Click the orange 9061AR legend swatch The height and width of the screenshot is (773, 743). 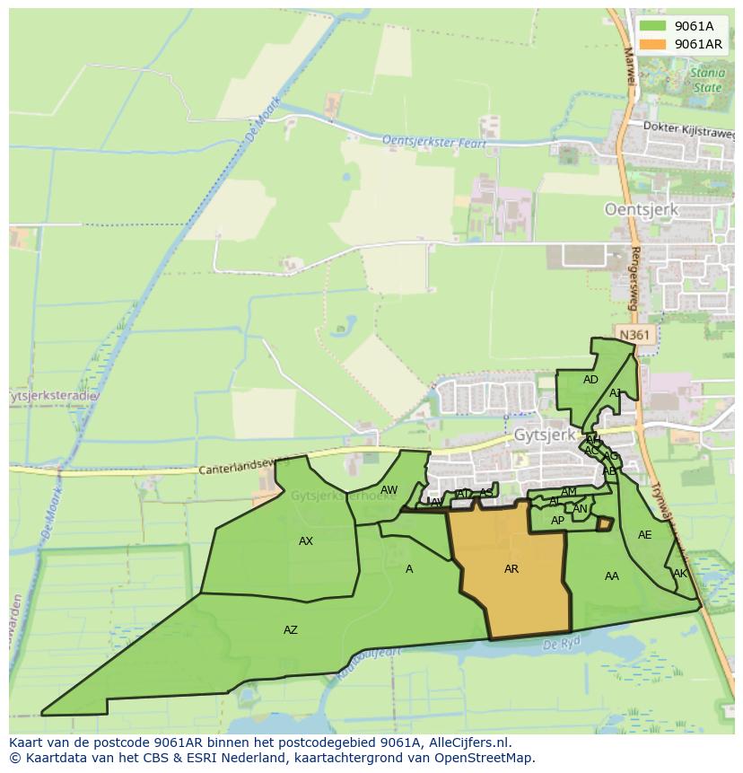[x=653, y=44]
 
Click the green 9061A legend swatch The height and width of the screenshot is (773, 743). [x=653, y=26]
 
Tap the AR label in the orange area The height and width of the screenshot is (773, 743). [x=511, y=569]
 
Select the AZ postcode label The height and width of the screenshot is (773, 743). [x=291, y=630]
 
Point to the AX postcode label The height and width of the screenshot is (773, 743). [x=306, y=541]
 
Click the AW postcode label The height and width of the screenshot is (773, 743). [x=389, y=490]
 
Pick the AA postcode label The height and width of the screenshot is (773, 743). [x=612, y=576]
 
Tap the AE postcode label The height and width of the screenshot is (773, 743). [x=645, y=535]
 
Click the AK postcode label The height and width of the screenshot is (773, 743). [x=679, y=574]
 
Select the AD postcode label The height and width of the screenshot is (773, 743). [x=590, y=380]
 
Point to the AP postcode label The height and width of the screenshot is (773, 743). [x=557, y=521]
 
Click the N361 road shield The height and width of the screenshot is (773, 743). [x=634, y=335]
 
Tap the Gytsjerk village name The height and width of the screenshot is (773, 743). [x=544, y=435]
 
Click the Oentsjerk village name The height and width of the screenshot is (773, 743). [x=641, y=209]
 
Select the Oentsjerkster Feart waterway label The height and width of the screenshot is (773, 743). [x=434, y=142]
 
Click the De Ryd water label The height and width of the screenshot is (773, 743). [x=563, y=644]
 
